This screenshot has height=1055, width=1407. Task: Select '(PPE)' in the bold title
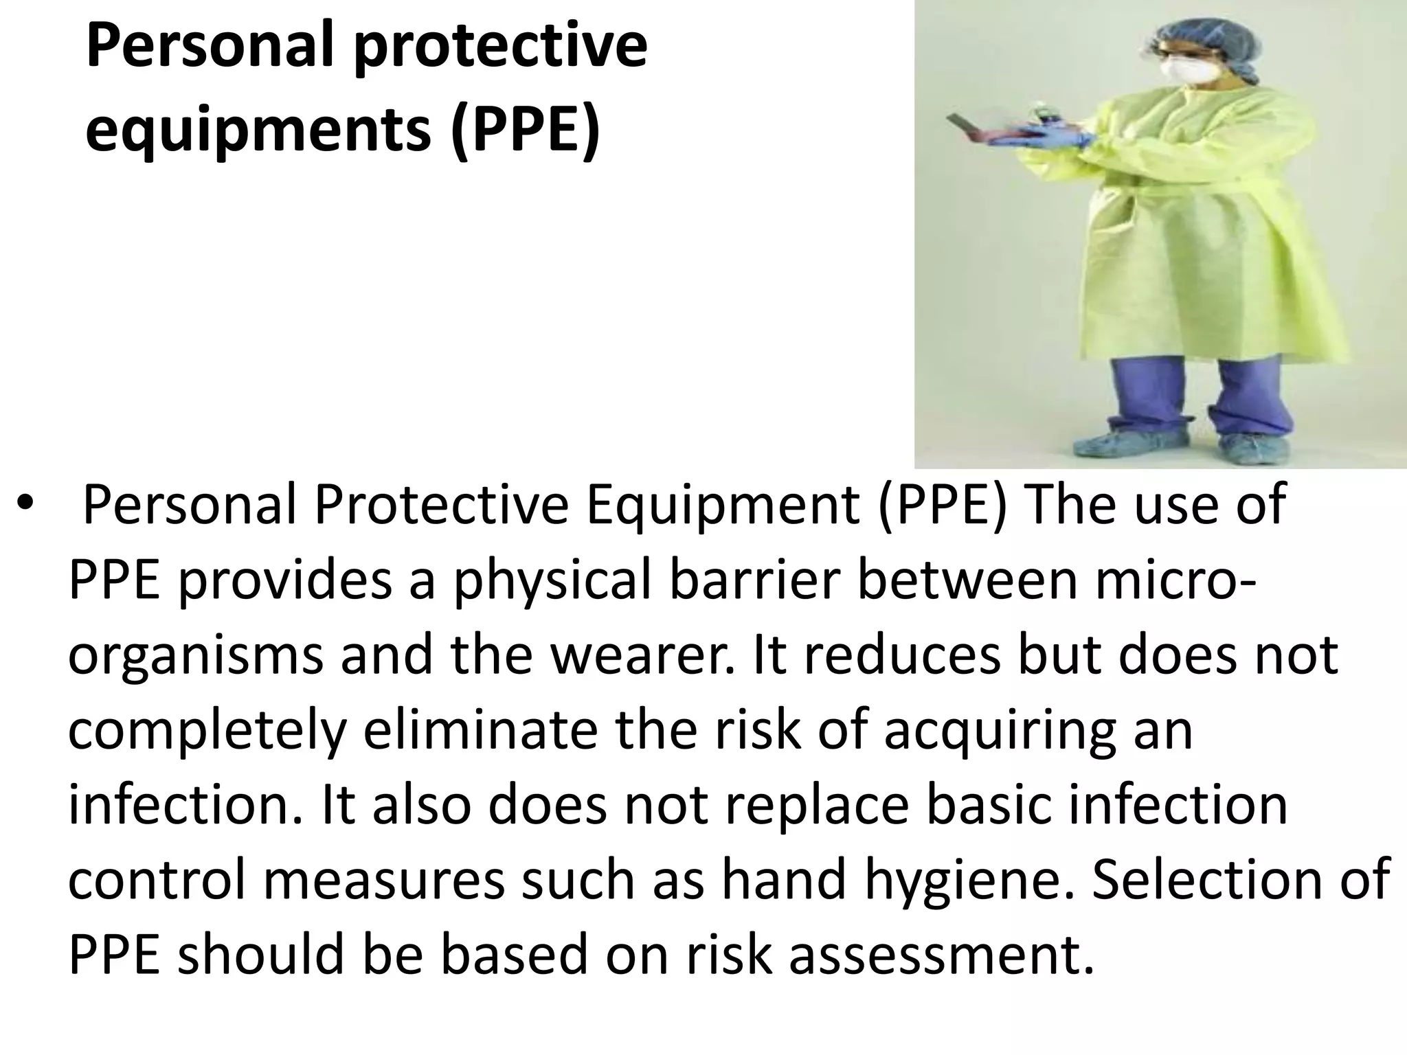525,131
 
